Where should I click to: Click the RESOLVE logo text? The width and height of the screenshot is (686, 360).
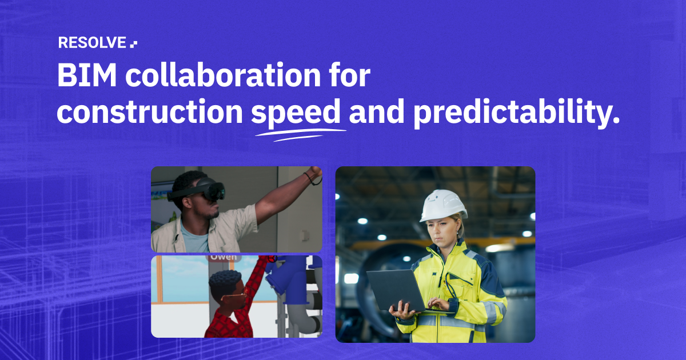(91, 43)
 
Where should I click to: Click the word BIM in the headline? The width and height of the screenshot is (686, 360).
(83, 77)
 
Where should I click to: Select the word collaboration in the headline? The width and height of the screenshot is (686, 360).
(218, 77)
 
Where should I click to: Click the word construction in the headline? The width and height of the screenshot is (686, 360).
(150, 113)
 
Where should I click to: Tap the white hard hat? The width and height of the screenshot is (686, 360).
(443, 205)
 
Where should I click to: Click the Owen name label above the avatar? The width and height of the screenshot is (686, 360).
(223, 257)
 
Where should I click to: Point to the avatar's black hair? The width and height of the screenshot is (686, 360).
(225, 280)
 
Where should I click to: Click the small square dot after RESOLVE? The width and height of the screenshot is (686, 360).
(134, 43)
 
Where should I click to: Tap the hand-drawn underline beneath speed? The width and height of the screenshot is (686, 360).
(300, 133)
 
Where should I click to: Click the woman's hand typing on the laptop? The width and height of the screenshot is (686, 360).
(438, 304)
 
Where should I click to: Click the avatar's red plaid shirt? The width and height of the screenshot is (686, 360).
(229, 320)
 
